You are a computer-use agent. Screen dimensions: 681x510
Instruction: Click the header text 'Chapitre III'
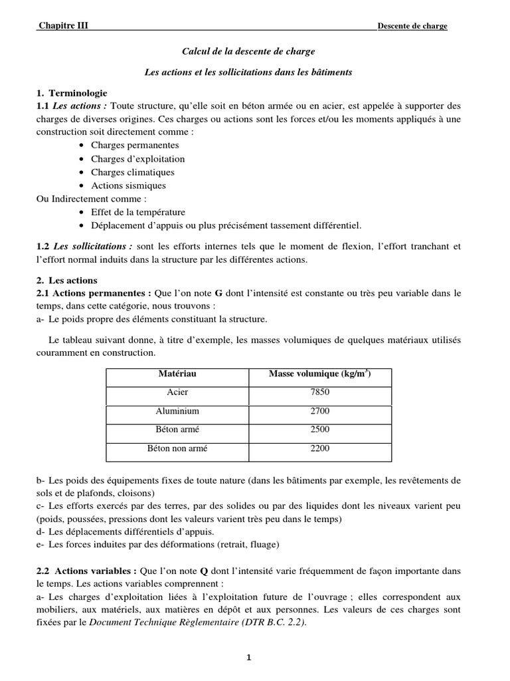(x=63, y=26)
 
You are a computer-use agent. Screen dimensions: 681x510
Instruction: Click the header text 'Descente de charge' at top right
(x=412, y=26)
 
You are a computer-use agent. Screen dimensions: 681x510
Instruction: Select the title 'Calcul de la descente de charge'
(x=248, y=51)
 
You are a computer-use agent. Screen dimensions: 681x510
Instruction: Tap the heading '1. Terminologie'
(x=72, y=92)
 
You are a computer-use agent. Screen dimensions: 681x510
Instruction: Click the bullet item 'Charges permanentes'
(x=135, y=145)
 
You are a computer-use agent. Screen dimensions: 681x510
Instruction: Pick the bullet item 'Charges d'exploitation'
(x=137, y=159)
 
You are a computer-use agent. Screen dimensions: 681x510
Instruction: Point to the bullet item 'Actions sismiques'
(x=128, y=186)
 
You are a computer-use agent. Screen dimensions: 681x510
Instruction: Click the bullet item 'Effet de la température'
(x=138, y=212)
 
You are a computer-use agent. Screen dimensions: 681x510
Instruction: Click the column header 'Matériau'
(x=177, y=374)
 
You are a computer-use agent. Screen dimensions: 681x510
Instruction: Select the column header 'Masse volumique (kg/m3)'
(x=319, y=374)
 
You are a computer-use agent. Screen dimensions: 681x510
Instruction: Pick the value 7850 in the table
(x=319, y=392)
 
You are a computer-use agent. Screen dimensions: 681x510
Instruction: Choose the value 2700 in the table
(x=319, y=411)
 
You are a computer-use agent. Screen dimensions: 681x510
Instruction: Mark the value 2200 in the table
(x=319, y=448)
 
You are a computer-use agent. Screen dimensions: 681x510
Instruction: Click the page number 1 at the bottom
(x=248, y=658)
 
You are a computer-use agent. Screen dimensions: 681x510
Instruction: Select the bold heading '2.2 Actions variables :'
(x=86, y=571)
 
